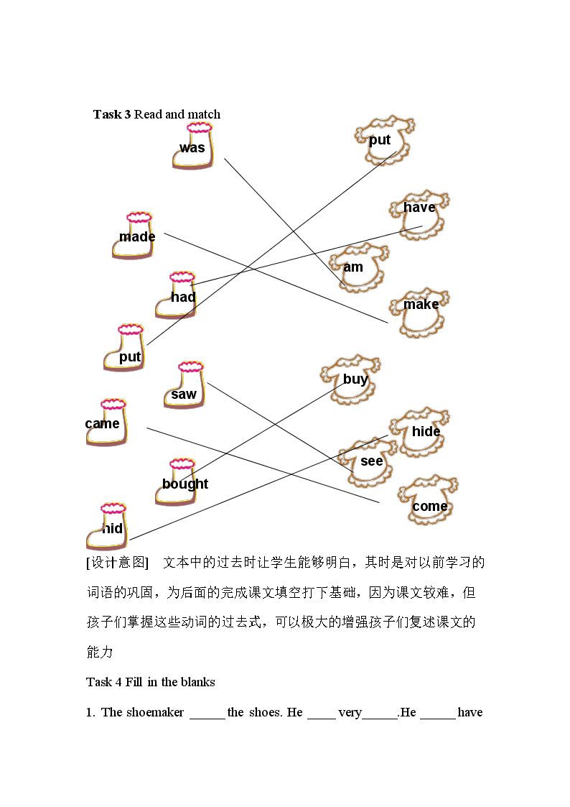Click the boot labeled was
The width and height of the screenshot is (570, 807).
click(x=192, y=146)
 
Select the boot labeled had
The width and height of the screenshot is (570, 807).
click(x=177, y=295)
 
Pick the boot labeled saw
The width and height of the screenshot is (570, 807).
click(x=184, y=385)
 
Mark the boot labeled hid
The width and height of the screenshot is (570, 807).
click(x=106, y=527)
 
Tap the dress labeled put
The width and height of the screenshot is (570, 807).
click(x=385, y=139)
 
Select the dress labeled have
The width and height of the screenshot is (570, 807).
click(x=419, y=215)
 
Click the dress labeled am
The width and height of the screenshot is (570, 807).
click(x=359, y=267)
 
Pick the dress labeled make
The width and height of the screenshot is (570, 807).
click(x=419, y=313)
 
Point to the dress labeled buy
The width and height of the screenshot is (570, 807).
click(x=350, y=379)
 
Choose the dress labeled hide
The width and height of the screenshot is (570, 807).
click(x=419, y=433)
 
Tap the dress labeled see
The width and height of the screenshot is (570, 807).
click(x=368, y=462)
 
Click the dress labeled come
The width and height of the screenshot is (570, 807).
click(x=428, y=499)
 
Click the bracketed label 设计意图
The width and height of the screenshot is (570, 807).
click(x=117, y=563)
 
